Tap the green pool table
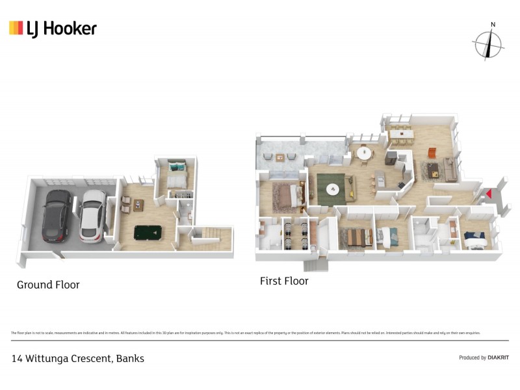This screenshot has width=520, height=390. (149, 233)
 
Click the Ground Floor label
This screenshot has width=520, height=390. (48, 285)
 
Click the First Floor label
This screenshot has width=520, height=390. (283, 281)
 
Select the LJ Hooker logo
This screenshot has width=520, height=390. (53, 28)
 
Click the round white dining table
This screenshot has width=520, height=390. (363, 153)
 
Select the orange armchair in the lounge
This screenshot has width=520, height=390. (431, 153)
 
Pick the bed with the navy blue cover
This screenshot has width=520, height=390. (473, 240)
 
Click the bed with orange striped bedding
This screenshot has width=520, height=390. (356, 237)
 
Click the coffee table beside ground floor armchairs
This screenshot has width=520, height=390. (138, 203)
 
